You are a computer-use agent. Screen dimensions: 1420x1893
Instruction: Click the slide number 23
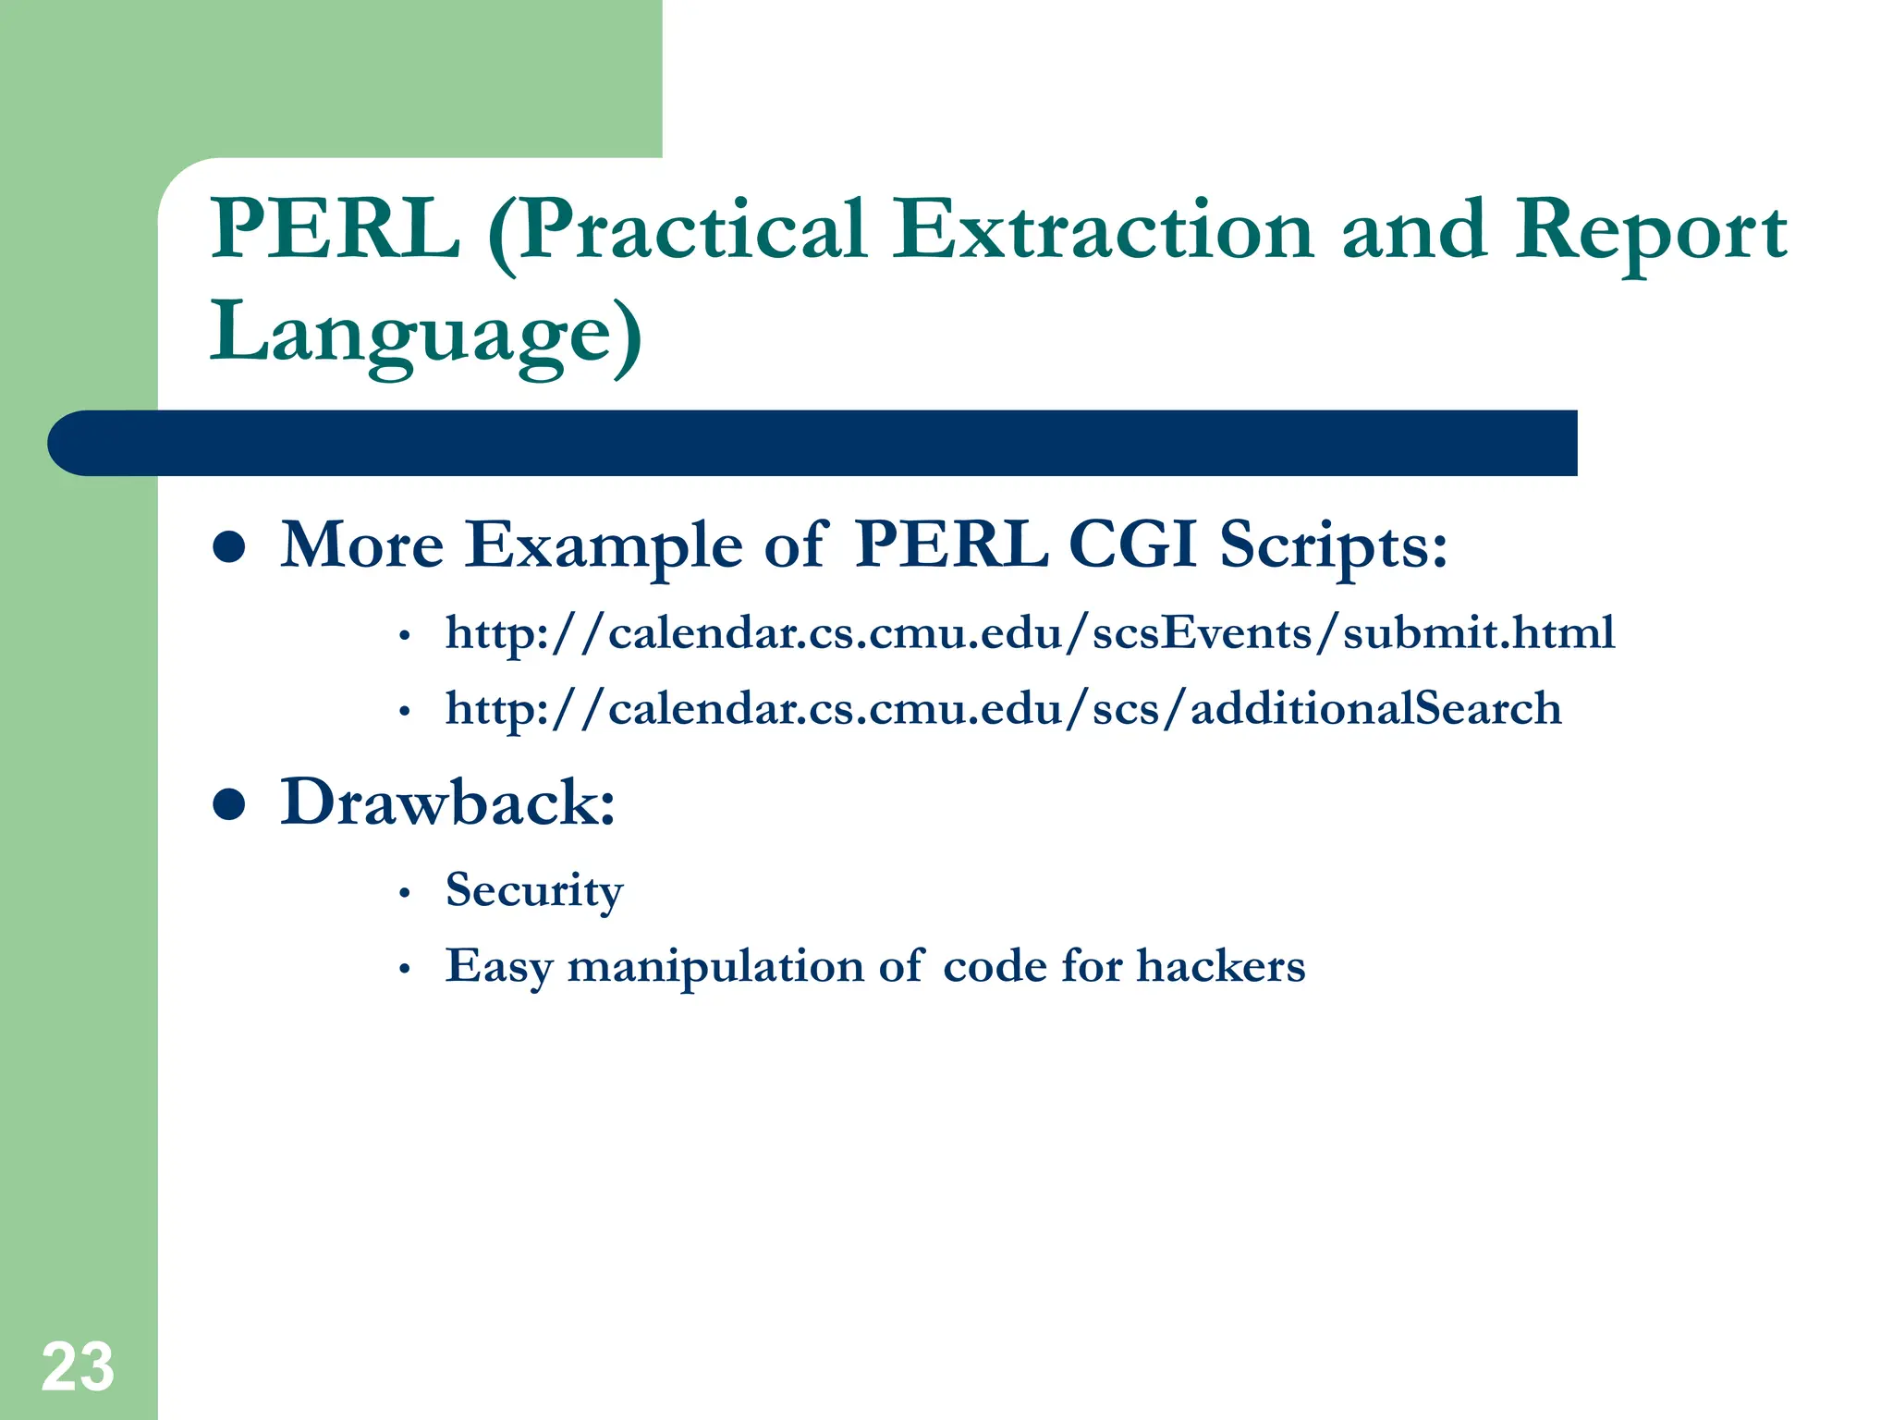[x=78, y=1366]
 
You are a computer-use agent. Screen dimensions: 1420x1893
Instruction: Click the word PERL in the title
[x=335, y=229]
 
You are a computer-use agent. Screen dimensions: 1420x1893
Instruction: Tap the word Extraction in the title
[x=1102, y=229]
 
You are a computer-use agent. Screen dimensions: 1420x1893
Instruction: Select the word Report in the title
[x=1650, y=231]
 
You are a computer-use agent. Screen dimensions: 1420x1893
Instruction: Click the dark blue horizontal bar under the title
[x=813, y=443]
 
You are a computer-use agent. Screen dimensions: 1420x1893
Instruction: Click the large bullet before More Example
[x=228, y=546]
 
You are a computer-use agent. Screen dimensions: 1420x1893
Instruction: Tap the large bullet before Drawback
[x=228, y=803]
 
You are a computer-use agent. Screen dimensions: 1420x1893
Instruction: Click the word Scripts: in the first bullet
[x=1333, y=545]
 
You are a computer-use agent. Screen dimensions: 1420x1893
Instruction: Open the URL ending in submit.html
[x=1030, y=633]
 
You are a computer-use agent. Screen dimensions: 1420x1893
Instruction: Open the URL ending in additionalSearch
[x=1003, y=709]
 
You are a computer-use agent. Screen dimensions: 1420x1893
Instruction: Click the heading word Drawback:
[x=447, y=802]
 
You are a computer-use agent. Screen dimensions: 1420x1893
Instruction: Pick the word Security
[x=534, y=890]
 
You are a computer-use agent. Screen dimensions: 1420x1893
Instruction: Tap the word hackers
[x=1220, y=966]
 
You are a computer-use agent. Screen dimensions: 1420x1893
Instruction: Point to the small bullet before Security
[x=404, y=894]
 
